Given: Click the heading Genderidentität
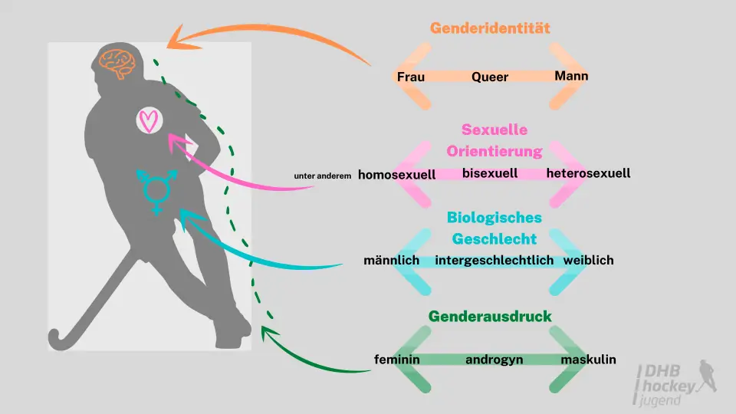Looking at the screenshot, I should pos(490,28).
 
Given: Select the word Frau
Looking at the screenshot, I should pos(411,77).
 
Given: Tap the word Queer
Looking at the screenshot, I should pos(490,77).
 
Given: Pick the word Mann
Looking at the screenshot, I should pos(571,76).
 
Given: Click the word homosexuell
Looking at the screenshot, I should pos(396,175).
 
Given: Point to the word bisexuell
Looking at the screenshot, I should pos(490,173).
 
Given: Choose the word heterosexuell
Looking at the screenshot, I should pos(588,173).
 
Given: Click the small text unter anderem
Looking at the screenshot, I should pos(323,176).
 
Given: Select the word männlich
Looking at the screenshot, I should pos(391,261).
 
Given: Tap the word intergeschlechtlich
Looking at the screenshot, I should pos(494,261).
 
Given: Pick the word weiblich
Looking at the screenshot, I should pos(588,261).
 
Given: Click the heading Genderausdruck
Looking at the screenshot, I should pos(490,317).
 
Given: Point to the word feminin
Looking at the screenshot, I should pos(397,360).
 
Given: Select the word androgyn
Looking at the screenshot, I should pos(490,360).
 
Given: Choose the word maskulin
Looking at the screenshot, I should pos(588,360).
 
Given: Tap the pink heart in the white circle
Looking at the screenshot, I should pos(151,120).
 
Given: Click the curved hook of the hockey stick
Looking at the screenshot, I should pos(58,337).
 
